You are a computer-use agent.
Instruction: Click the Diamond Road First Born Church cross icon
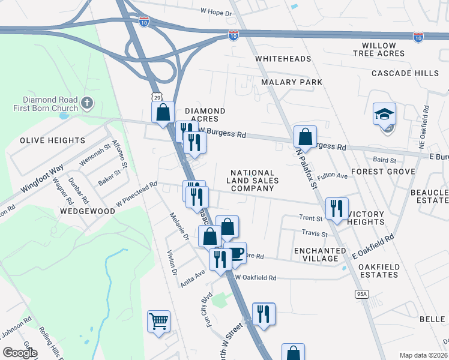click(87, 103)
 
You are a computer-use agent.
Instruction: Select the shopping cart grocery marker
click(158, 322)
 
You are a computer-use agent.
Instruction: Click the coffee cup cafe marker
click(235, 253)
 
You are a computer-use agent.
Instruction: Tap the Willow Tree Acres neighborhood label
click(379, 49)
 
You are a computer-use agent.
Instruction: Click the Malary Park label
click(292, 82)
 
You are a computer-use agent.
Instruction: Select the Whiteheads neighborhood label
click(283, 59)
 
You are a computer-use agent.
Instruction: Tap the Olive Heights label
click(53, 140)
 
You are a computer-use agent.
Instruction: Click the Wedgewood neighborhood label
click(87, 212)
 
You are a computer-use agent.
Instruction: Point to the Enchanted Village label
click(316, 254)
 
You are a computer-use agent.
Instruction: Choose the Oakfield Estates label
click(378, 271)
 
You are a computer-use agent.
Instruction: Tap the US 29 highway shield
click(156, 96)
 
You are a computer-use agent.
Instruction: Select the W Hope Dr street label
click(215, 12)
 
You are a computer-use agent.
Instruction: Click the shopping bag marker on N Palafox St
click(305, 137)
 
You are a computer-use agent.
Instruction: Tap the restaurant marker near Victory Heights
click(336, 208)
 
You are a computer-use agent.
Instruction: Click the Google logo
click(20, 353)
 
